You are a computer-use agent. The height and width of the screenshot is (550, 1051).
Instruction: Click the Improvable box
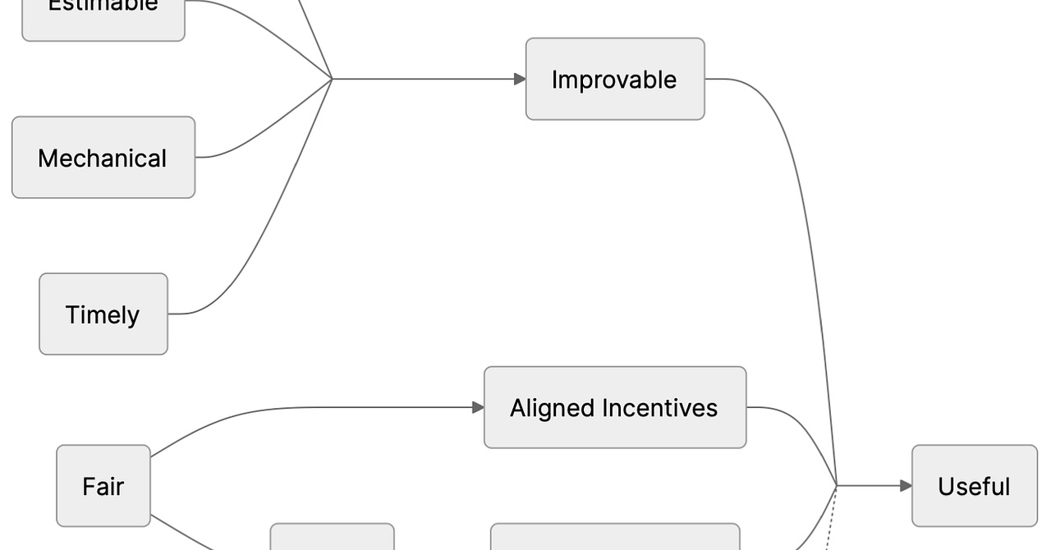(x=615, y=79)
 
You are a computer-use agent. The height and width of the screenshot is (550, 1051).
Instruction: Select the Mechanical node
(x=103, y=158)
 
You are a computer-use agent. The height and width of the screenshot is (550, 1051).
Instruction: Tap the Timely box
(x=103, y=314)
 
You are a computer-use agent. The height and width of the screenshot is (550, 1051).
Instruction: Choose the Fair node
(x=103, y=486)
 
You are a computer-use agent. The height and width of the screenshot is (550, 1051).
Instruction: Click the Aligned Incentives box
(x=615, y=407)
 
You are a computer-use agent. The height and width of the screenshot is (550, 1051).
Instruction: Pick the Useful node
(x=974, y=486)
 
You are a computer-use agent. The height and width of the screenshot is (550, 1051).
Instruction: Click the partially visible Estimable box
(x=103, y=16)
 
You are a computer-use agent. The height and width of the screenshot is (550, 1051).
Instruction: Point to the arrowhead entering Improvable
(x=520, y=79)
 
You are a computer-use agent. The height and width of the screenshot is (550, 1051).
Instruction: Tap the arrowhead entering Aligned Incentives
(x=478, y=407)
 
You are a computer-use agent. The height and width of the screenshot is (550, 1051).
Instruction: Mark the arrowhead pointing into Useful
(x=906, y=486)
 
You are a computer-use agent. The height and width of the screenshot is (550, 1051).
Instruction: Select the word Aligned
(x=552, y=408)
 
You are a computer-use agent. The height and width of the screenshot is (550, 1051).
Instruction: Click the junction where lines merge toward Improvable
(x=332, y=79)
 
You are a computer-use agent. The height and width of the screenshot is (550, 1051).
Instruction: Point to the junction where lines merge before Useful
(x=837, y=486)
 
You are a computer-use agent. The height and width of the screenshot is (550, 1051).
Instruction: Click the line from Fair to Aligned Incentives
(x=287, y=408)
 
